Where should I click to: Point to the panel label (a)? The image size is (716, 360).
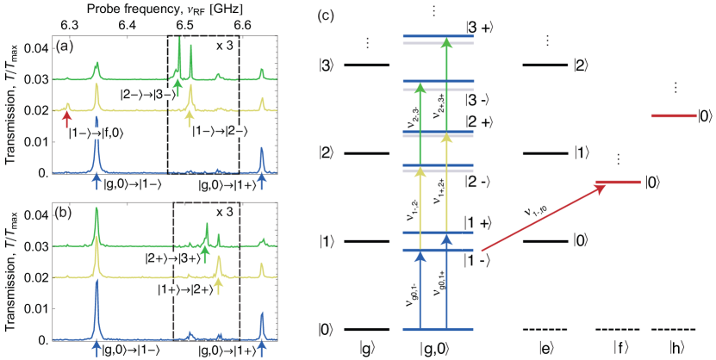coord(63,48)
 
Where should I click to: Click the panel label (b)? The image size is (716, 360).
coord(64,212)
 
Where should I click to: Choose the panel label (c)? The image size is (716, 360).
coord(327,16)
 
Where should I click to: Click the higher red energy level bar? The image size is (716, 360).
coord(673,115)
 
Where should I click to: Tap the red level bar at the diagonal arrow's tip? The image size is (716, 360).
coord(619,182)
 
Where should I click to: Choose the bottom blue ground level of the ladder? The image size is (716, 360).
coord(439,329)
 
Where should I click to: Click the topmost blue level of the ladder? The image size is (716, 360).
coord(439,36)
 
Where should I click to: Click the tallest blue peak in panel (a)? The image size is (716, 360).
coord(97,142)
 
